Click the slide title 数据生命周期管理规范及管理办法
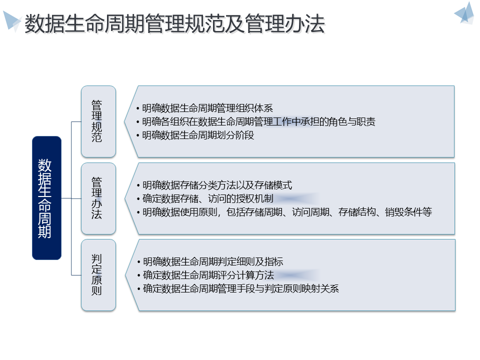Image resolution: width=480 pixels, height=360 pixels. point(174,24)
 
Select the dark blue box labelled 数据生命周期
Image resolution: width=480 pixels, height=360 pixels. point(46,198)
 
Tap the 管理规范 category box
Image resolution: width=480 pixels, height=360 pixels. point(98,121)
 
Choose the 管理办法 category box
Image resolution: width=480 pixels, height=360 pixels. point(98,198)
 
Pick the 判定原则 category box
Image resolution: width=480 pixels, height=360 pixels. point(98,274)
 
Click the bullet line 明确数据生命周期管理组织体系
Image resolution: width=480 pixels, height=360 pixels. point(207,108)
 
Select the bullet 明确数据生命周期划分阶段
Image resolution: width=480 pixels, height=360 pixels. point(198,135)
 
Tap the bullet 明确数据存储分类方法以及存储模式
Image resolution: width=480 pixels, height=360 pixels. point(217,185)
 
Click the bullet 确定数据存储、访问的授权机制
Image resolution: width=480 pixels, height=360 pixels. point(207,198)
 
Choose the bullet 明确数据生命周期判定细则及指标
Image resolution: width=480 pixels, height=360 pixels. point(213,261)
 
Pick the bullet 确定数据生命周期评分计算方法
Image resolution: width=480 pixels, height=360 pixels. point(208,275)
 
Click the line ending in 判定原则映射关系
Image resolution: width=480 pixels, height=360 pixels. point(240,288)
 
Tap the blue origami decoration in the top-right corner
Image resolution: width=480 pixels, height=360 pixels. point(464,13)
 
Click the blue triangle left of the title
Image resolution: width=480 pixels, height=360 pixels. point(12,20)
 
